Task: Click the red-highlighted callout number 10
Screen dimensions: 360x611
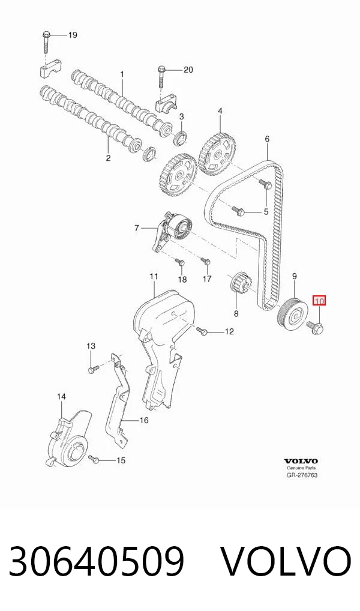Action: pos(319,301)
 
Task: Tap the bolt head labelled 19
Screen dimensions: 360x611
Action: pos(45,35)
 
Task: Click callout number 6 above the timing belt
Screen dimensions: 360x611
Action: pos(267,139)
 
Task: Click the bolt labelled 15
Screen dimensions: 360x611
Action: pos(94,459)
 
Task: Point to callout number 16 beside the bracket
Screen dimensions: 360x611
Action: pos(144,420)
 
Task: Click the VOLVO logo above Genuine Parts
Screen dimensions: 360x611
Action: pos(301,461)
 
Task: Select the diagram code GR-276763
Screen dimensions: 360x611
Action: pos(302,475)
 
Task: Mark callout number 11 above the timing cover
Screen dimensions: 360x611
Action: pos(154,276)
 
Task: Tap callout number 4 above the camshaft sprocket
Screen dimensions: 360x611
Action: pos(220,111)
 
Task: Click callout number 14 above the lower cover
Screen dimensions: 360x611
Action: pos(62,397)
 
